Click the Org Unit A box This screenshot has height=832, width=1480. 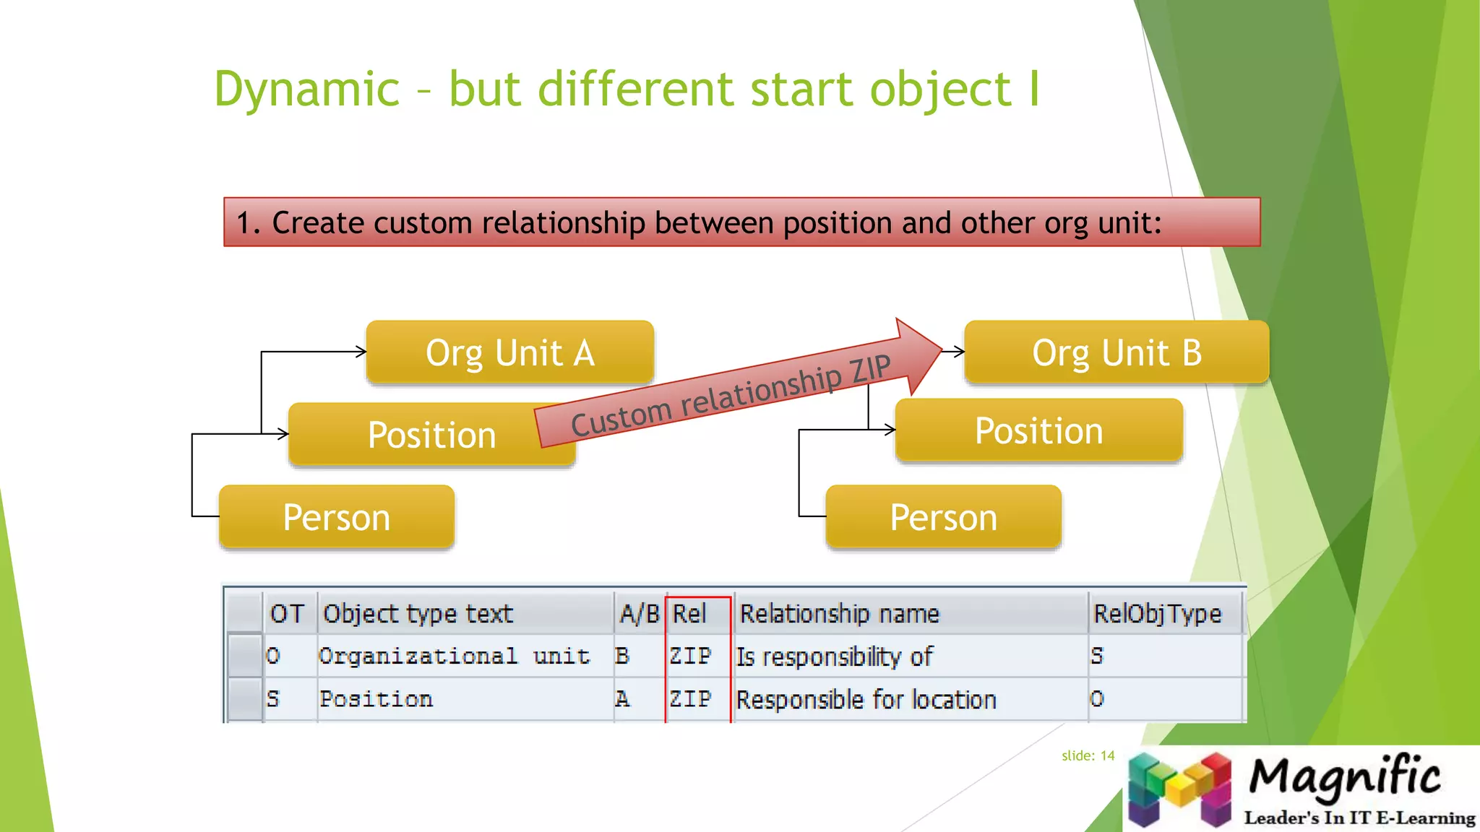point(509,352)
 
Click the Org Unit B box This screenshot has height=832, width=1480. point(1117,352)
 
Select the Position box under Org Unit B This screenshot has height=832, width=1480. point(1038,431)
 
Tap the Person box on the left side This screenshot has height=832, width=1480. point(337,517)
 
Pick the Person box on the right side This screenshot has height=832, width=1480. point(943,517)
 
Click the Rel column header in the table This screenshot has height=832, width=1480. point(690,614)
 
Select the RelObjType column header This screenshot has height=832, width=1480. point(1158,614)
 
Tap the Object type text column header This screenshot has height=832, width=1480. point(418,614)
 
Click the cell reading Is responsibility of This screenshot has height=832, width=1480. point(835,656)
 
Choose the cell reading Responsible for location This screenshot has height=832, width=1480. point(866,699)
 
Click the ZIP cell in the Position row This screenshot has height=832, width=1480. point(690,699)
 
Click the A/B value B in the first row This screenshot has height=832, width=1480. point(622,656)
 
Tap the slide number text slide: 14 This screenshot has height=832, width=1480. point(1088,755)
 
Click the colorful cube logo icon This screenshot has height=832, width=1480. point(1179,789)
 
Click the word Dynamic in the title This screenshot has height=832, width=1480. point(306,90)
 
